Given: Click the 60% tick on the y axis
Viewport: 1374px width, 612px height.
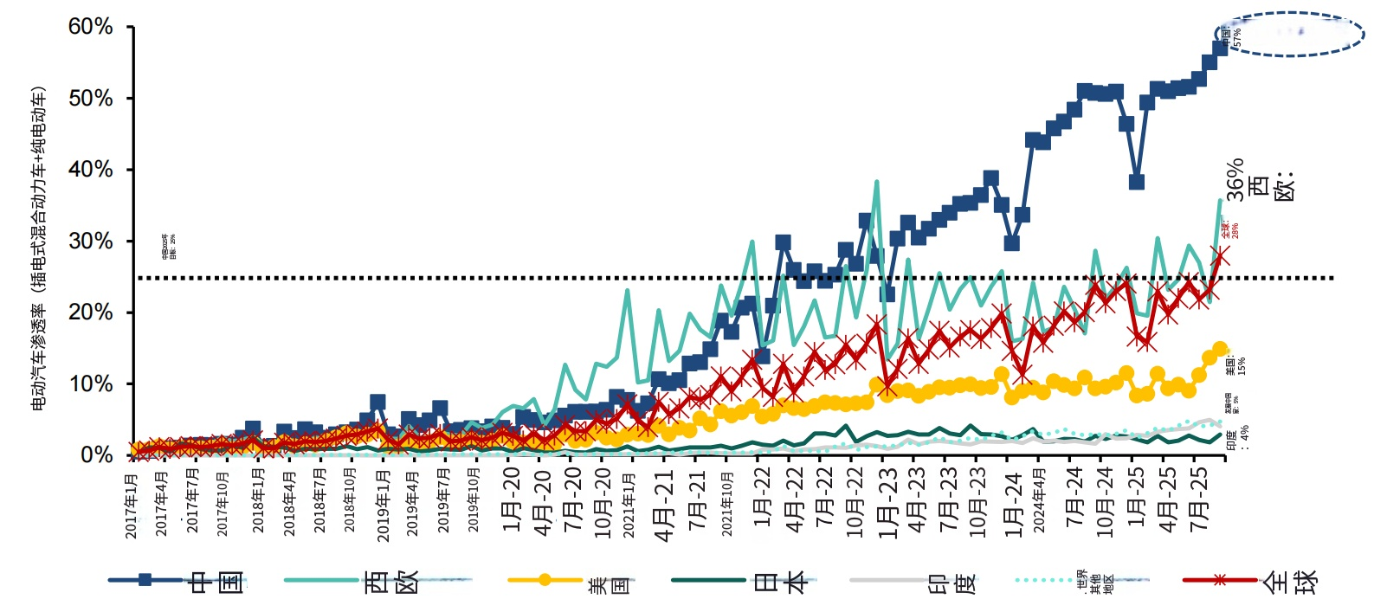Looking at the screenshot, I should coord(91,27).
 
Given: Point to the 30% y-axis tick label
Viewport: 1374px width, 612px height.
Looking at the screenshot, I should coord(91,241).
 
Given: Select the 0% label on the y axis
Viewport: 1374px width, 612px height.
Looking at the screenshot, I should coord(96,454).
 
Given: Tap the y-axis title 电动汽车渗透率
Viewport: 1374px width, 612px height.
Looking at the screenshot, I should coord(39,247).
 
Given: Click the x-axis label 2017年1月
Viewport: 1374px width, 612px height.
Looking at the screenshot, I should coord(132,506).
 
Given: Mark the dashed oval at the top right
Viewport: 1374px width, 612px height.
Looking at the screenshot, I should coord(1295,34).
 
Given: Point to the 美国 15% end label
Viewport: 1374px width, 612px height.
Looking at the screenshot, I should coord(1236,366).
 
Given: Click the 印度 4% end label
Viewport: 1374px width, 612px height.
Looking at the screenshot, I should coord(1238,436).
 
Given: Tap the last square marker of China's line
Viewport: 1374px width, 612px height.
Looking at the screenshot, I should coord(1221,47).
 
